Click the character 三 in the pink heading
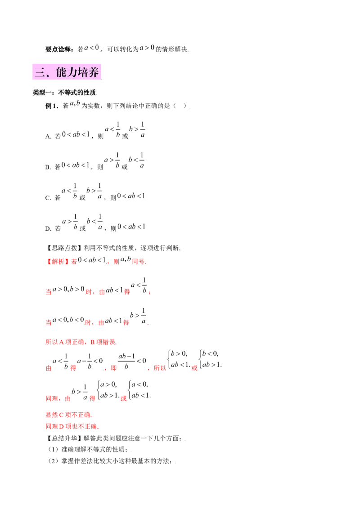(39, 73)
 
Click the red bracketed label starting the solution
(57, 262)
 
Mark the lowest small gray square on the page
(174, 462)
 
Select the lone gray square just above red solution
(182, 250)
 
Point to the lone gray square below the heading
(189, 108)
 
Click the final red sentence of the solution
(72, 426)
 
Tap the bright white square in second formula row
(88, 160)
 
